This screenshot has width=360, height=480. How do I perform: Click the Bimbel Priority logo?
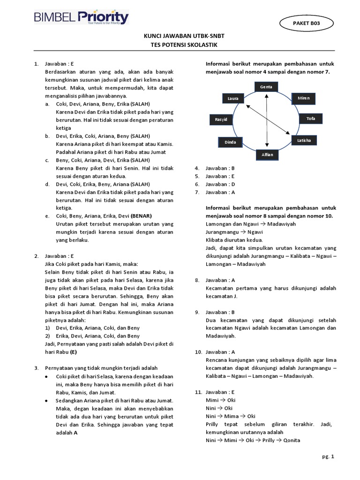click(x=81, y=17)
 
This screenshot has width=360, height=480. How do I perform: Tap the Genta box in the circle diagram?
click(x=266, y=87)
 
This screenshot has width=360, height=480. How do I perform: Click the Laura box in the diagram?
click(x=233, y=98)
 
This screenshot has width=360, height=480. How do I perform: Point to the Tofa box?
click(x=311, y=119)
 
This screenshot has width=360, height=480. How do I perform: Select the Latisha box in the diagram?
click(x=304, y=140)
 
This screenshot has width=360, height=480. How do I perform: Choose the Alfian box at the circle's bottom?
click(x=266, y=154)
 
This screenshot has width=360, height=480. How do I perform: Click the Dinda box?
click(x=230, y=142)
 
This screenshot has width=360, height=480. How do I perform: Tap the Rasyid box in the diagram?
click(x=221, y=120)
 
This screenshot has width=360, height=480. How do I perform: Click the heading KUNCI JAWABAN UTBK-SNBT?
click(x=180, y=37)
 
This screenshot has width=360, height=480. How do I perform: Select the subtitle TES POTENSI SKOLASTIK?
click(x=180, y=45)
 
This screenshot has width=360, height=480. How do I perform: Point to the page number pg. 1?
click(x=328, y=457)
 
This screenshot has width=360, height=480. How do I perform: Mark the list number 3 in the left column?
click(x=36, y=368)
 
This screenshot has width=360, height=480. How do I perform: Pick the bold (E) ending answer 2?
click(x=74, y=352)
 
